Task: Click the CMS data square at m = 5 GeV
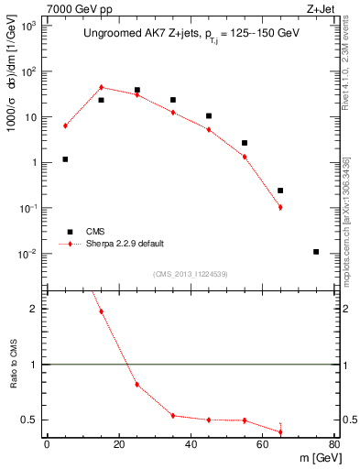[x=65, y=159]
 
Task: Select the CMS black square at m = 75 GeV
[x=316, y=252]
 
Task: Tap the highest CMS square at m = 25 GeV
[x=137, y=91]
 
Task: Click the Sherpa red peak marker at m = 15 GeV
[x=102, y=87]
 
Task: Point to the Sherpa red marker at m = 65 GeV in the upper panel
[x=280, y=207]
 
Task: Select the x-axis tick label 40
[x=191, y=445]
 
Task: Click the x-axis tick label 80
[x=333, y=445]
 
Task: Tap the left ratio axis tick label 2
[x=34, y=309]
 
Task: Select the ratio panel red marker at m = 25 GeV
[x=137, y=384]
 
